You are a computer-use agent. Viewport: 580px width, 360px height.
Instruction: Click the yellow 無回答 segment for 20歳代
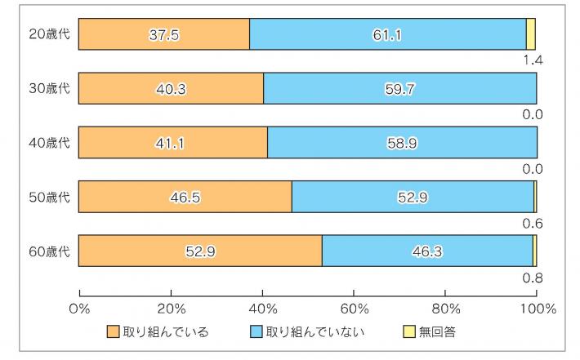(x=531, y=34)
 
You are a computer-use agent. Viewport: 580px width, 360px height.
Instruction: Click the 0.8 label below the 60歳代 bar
(x=533, y=278)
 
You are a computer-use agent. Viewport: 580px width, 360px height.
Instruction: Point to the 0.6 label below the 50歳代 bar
(x=533, y=223)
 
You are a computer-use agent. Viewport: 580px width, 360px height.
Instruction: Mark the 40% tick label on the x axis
(x=262, y=309)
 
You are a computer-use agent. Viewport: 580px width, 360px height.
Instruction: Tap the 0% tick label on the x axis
(x=79, y=309)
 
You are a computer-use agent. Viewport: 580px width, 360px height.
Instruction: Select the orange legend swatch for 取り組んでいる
(x=113, y=331)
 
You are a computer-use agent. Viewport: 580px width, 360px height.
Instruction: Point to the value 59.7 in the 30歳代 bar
(x=400, y=88)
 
